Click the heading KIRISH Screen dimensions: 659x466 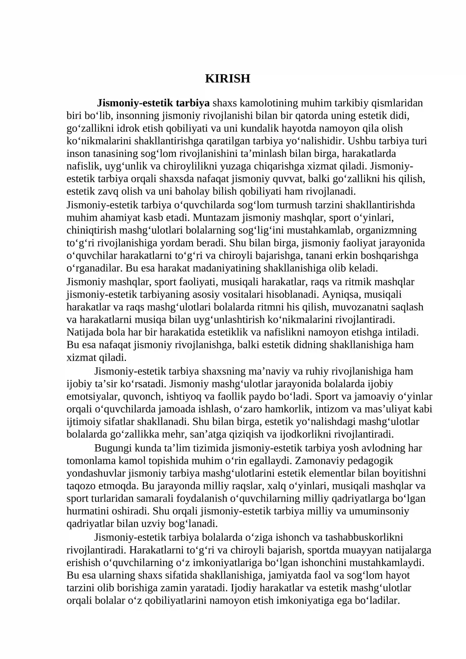click(x=227, y=79)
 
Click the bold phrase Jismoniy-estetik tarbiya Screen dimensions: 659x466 click(x=153, y=103)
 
